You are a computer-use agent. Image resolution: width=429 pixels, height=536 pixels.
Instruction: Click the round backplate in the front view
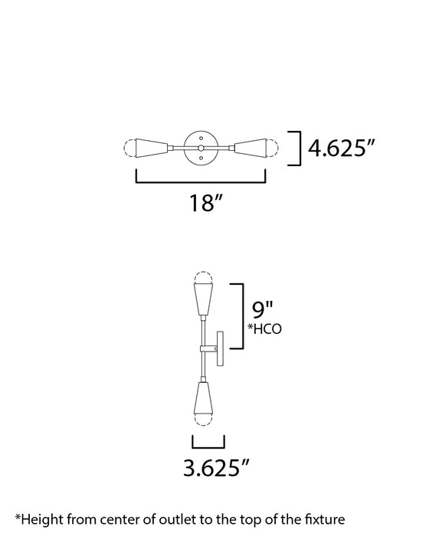tap(201, 147)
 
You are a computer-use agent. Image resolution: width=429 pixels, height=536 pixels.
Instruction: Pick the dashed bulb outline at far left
tap(130, 147)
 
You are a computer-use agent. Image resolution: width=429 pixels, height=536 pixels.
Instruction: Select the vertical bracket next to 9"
tap(241, 315)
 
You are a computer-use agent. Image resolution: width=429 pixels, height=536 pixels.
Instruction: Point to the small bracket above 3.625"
tap(208, 443)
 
